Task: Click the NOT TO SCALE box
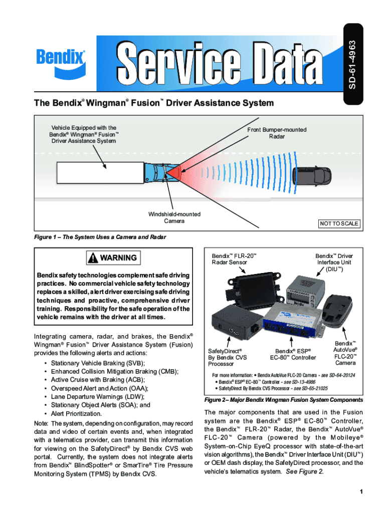pyautogui.click(x=339, y=223)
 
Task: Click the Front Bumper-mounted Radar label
pyautogui.click(x=277, y=133)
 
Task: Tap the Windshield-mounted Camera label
pyautogui.click(x=174, y=217)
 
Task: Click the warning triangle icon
pyautogui.click(x=93, y=258)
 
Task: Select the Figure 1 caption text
pyautogui.click(x=100, y=237)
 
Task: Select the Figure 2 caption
pyautogui.click(x=283, y=400)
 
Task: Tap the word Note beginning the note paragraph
pyautogui.click(x=41, y=424)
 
